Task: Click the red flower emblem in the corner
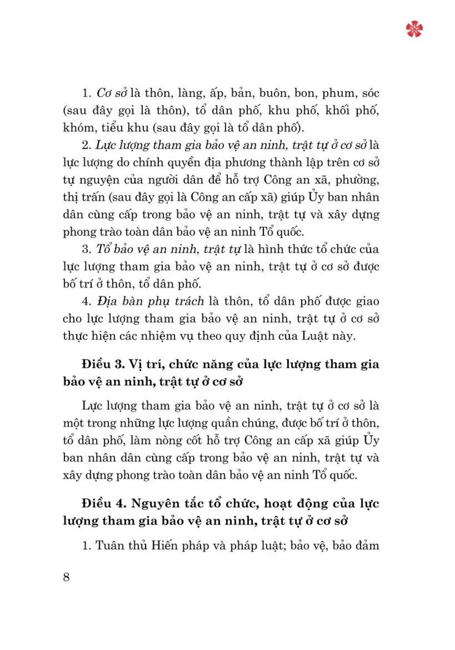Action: point(414,29)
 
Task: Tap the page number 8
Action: point(66,577)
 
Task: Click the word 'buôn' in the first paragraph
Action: point(273,93)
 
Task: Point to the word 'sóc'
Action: point(370,93)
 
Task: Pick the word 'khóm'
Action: point(78,128)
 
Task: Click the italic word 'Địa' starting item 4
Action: point(107,301)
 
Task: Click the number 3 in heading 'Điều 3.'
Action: point(119,364)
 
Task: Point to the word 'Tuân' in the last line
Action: point(109,545)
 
